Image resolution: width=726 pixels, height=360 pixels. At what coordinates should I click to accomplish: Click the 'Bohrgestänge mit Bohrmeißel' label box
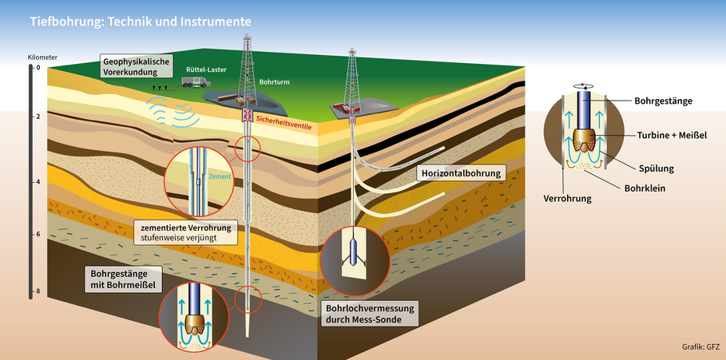click(118, 277)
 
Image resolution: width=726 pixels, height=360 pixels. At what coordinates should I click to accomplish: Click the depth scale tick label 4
click(37, 182)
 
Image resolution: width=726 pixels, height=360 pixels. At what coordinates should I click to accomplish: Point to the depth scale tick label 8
click(37, 291)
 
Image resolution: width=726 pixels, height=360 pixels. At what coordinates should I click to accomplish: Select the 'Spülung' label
click(657, 168)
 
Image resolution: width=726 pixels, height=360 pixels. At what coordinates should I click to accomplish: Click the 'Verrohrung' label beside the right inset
click(567, 196)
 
